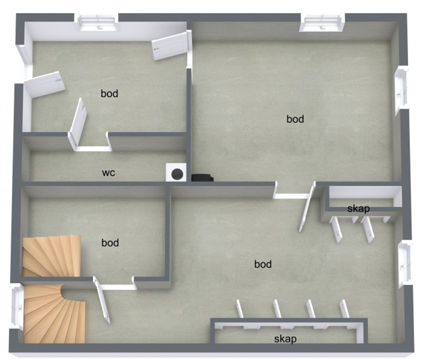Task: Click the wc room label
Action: [x=108, y=173]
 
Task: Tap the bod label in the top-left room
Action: [x=109, y=94]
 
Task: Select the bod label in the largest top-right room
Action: [x=295, y=119]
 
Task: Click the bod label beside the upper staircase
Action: [x=110, y=242]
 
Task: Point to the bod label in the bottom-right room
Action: [x=263, y=264]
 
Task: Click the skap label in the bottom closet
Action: [x=286, y=339]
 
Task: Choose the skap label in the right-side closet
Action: [x=358, y=209]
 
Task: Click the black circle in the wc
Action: [x=177, y=174]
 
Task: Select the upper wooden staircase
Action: [x=52, y=256]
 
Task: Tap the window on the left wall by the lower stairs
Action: [x=17, y=306]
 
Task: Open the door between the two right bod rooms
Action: [x=307, y=207]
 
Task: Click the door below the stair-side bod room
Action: [x=102, y=300]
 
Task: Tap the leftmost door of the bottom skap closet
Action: [x=239, y=309]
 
